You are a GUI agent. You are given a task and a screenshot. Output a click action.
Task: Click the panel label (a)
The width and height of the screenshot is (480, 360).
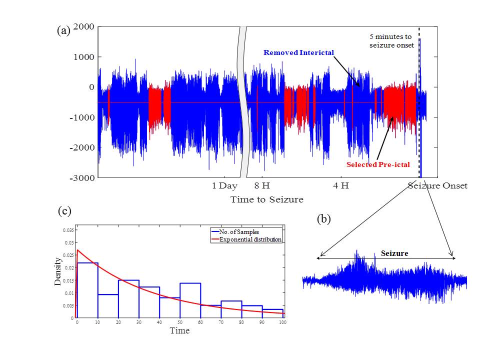point(63,30)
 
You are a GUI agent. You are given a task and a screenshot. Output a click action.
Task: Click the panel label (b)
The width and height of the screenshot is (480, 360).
point(323,218)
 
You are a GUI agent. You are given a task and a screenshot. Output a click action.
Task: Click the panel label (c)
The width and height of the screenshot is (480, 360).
point(64,211)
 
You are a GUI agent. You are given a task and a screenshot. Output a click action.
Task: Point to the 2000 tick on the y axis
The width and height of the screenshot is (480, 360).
point(84,26)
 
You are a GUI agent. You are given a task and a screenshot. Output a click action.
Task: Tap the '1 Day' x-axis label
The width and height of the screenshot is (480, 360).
point(225,186)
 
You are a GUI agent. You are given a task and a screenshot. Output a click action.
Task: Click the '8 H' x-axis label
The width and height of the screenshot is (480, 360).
point(261,186)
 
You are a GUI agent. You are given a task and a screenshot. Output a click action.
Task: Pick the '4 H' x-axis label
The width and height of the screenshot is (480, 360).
point(341,186)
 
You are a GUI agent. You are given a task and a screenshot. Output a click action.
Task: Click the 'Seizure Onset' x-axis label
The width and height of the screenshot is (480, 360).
point(437,186)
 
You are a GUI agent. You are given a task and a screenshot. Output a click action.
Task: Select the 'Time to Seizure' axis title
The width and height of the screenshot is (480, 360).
point(266,199)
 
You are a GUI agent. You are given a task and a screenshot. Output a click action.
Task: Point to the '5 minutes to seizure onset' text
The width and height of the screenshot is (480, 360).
point(391,41)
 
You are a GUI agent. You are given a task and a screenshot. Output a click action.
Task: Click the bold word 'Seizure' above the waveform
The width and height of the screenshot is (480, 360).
point(394,253)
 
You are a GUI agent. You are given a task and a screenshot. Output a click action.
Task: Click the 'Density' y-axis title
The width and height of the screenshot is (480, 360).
point(58,271)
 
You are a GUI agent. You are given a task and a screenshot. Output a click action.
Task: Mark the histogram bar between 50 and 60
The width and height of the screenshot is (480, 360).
point(190,300)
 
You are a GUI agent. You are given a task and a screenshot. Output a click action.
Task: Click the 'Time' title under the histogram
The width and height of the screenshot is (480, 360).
point(179,331)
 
